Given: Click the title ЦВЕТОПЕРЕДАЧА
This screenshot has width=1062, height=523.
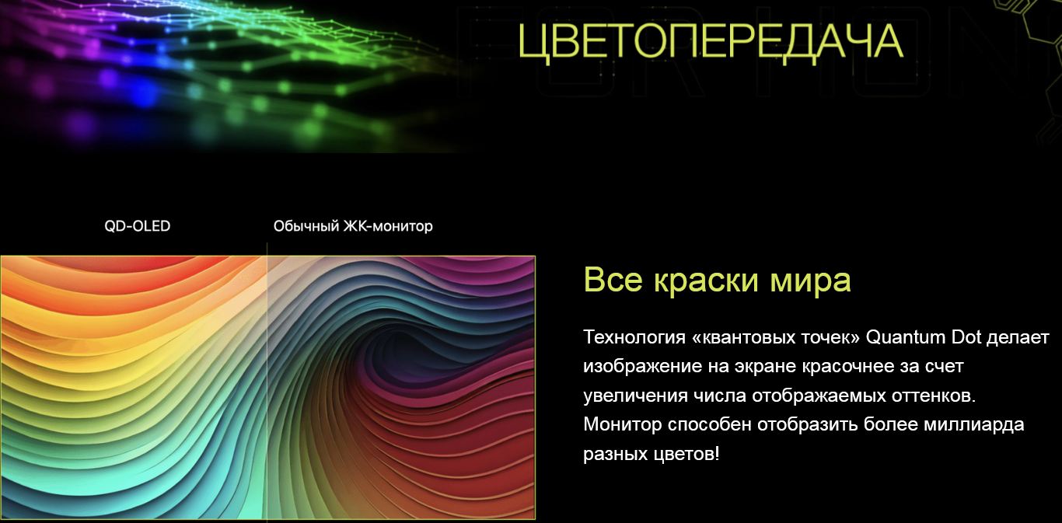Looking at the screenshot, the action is tap(710, 42).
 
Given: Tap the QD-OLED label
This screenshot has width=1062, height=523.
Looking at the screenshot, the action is tap(138, 226).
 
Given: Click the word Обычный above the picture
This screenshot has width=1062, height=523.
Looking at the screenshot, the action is tap(306, 226).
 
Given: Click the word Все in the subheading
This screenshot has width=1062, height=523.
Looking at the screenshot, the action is tap(613, 280).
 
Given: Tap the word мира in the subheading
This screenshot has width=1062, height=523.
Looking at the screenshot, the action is tap(811, 281).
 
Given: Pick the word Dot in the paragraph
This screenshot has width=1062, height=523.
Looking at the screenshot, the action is tap(966, 337).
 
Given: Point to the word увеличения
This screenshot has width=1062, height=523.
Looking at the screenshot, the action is tap(635, 396).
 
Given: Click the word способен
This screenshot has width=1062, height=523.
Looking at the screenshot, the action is tap(709, 424).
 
